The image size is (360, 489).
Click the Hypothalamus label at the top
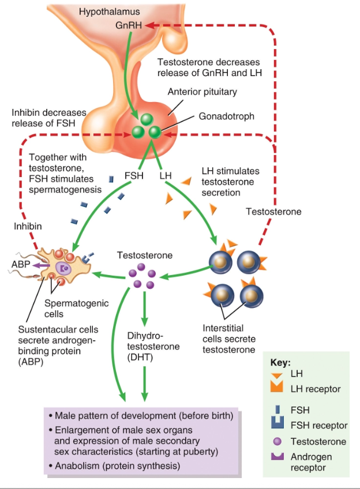coord(110,12)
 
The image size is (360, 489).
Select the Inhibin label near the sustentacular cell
coord(28,227)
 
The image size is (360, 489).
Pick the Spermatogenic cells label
coord(68,309)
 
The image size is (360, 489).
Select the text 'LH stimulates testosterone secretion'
coord(230,182)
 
